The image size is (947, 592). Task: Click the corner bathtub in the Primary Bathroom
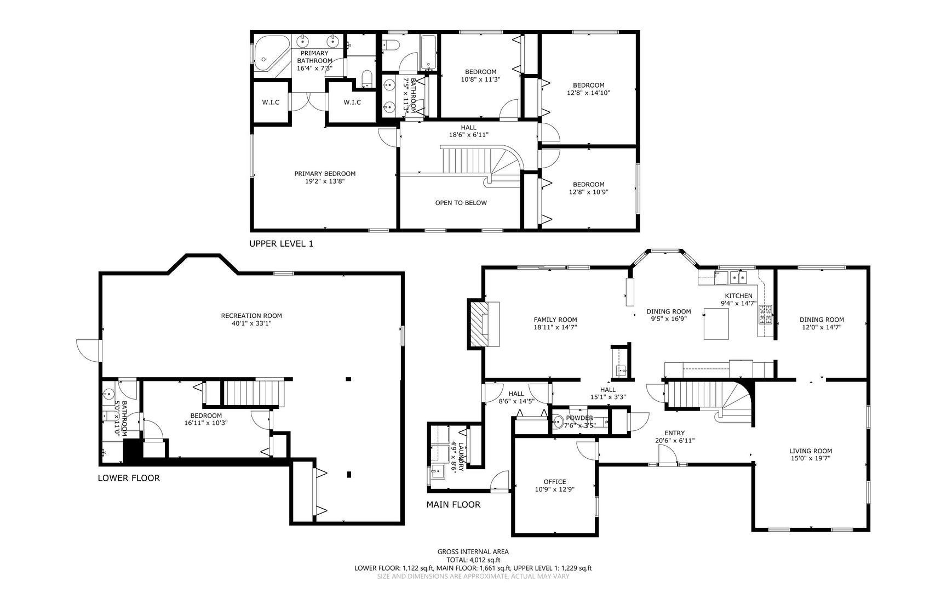269,53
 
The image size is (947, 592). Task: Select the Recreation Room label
251,316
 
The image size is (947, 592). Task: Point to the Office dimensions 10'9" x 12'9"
555,489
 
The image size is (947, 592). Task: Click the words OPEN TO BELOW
461,203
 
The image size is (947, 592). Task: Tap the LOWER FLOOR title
129,478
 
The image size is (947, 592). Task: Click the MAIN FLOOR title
454,505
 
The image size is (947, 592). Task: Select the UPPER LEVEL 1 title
281,244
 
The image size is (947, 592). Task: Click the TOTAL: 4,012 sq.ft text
473,560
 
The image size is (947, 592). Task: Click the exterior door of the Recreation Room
88,350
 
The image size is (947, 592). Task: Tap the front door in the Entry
667,455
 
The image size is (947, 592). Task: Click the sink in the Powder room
558,422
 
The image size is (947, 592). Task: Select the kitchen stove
765,314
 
